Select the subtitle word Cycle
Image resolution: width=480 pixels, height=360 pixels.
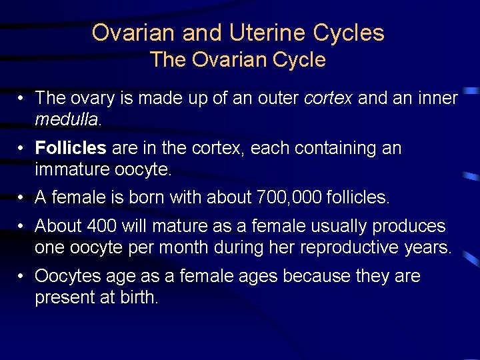point(295,60)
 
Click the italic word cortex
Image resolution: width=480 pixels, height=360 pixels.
point(329,99)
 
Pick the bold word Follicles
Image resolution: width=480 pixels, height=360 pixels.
point(71,148)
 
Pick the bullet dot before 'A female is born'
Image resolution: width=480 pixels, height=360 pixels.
point(22,197)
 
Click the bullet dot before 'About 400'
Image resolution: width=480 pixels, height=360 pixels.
point(22,226)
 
